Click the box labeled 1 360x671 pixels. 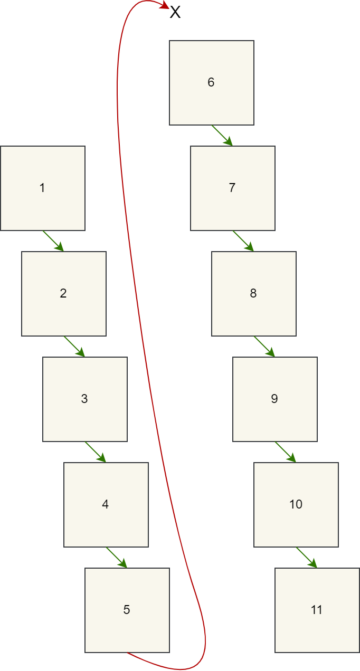(x=43, y=188)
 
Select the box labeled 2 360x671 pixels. (x=64, y=294)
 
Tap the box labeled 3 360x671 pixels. (x=85, y=399)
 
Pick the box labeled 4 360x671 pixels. (x=106, y=505)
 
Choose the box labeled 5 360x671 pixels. (x=127, y=610)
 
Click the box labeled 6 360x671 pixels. (x=212, y=83)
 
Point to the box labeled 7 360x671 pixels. (x=233, y=188)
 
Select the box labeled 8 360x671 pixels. (x=254, y=294)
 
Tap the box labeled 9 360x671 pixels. (x=275, y=399)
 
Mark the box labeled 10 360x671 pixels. (x=296, y=505)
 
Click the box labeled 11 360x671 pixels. (x=317, y=610)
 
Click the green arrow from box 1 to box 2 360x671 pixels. (x=53, y=241)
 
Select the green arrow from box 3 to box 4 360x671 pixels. (x=96, y=452)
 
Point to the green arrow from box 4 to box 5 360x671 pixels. (x=117, y=558)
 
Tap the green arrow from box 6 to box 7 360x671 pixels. (x=222, y=136)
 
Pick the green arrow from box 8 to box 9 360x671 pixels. (x=264, y=347)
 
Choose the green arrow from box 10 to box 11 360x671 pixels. (x=307, y=558)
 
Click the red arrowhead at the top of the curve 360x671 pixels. (x=165, y=7)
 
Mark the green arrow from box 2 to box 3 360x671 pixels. (x=74, y=347)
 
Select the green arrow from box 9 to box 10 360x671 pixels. (x=286, y=452)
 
